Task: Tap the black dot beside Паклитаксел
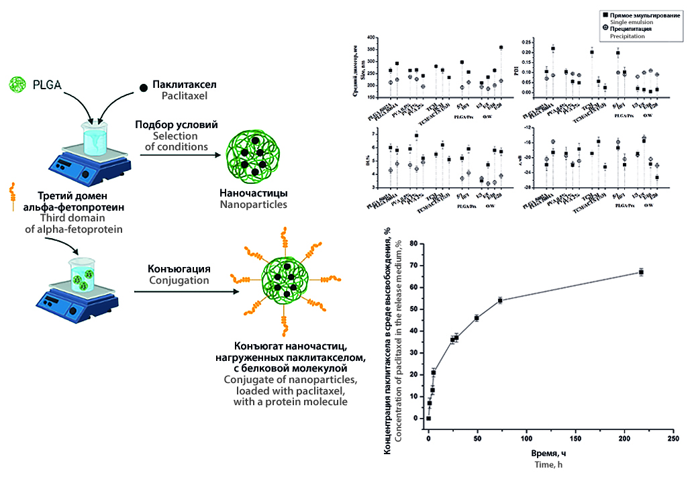coord(144,88)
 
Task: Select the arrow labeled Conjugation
coord(183,291)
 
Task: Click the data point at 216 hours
coord(641,272)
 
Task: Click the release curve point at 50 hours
coord(477,317)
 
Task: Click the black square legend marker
coord(605,14)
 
